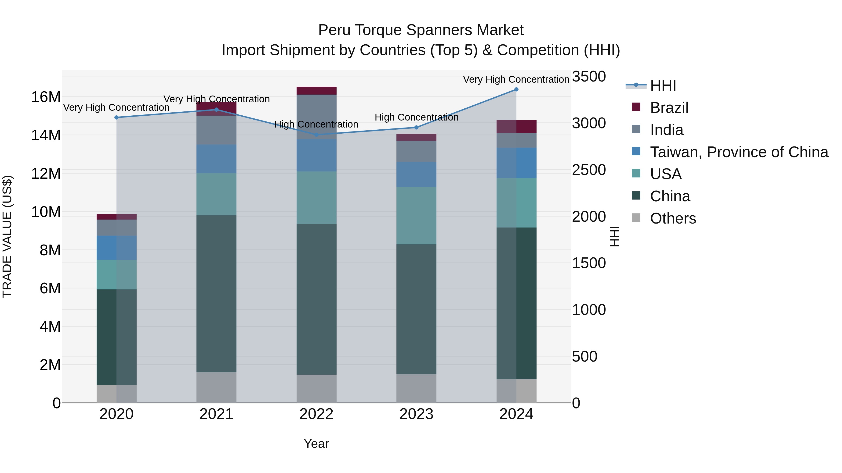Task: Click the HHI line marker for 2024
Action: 516,89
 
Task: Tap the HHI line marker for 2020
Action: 116,117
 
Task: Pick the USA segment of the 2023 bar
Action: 416,215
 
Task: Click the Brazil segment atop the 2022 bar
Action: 316,91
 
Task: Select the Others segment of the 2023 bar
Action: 416,388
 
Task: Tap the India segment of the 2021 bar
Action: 216,130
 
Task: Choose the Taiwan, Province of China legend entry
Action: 739,152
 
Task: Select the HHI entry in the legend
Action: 663,85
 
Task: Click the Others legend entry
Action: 673,218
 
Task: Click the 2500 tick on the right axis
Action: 589,170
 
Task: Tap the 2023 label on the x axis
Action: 416,414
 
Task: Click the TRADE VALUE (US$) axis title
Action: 7,236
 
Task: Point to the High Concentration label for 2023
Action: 416,117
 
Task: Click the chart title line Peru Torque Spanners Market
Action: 421,30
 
